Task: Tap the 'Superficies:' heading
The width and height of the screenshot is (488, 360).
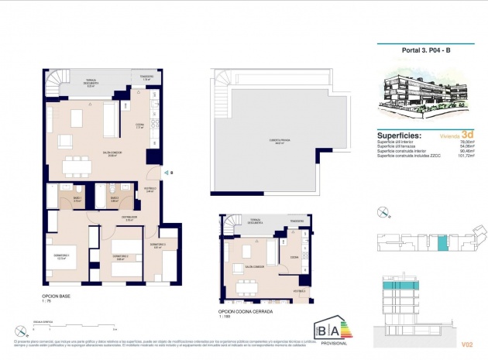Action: coord(399,133)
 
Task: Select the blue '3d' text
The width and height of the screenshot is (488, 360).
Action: coord(466,132)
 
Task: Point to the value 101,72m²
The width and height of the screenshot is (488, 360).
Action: coord(466,156)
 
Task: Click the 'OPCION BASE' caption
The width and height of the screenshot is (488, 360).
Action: coord(57,297)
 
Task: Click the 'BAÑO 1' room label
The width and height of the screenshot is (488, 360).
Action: coord(77,199)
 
